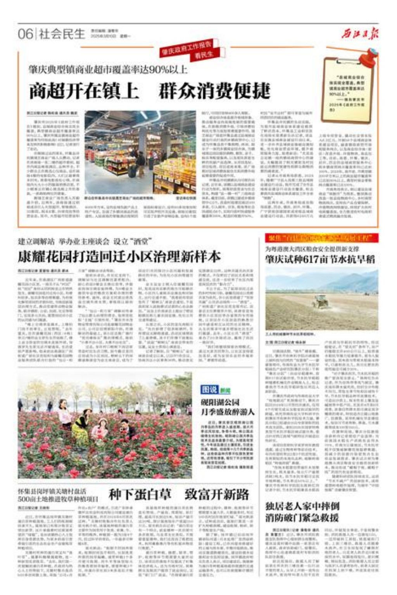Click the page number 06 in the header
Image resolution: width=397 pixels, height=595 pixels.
pyautogui.click(x=25, y=34)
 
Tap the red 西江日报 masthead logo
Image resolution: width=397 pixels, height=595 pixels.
pyautogui.click(x=360, y=34)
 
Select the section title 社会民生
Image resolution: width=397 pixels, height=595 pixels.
pyautogui.click(x=62, y=34)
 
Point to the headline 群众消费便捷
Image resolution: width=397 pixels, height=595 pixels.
pyautogui.click(x=214, y=91)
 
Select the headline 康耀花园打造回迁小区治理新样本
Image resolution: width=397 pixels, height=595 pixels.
pyautogui.click(x=119, y=256)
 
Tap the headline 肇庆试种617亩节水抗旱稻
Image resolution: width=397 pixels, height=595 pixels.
pyautogui.click(x=320, y=259)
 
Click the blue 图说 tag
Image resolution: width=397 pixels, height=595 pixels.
pyautogui.click(x=209, y=389)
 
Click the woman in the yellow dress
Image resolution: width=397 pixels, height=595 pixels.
pyautogui.click(x=81, y=427)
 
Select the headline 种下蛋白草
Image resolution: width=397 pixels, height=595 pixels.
pyautogui.click(x=140, y=495)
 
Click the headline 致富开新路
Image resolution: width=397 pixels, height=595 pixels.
pyautogui.click(x=216, y=495)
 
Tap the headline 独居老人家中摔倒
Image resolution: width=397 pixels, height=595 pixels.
pyautogui.click(x=302, y=506)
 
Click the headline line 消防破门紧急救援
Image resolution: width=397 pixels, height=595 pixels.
pyautogui.click(x=302, y=517)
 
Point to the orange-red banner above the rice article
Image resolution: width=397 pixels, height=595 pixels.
pyautogui.click(x=316, y=238)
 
